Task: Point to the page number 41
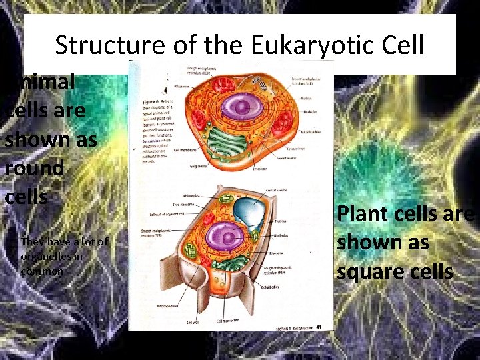coord(319,326)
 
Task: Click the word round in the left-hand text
coord(33,168)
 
